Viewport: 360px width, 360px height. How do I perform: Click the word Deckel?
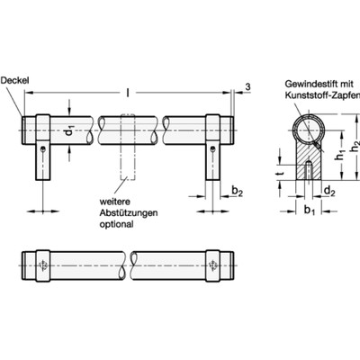coord(17,78)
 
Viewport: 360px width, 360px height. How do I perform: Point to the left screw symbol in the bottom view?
coord(42,265)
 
